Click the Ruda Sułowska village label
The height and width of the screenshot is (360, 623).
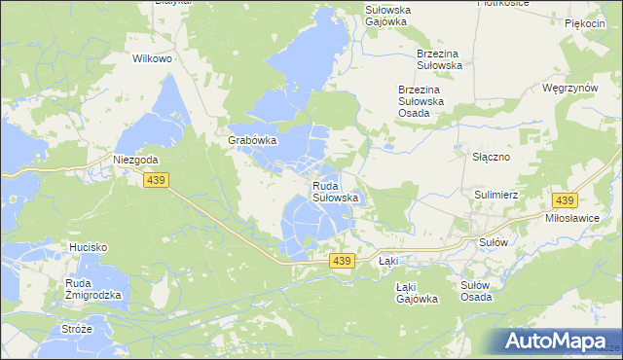click(x=336, y=191)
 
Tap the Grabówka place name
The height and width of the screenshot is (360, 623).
click(x=253, y=140)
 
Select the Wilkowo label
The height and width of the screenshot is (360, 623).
click(x=152, y=58)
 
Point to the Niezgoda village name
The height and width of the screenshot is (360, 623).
click(x=135, y=160)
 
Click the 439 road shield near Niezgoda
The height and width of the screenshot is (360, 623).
click(x=156, y=180)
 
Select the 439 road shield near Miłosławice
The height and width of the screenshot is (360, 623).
click(x=564, y=200)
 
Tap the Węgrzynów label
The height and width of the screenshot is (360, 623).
click(x=569, y=88)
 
